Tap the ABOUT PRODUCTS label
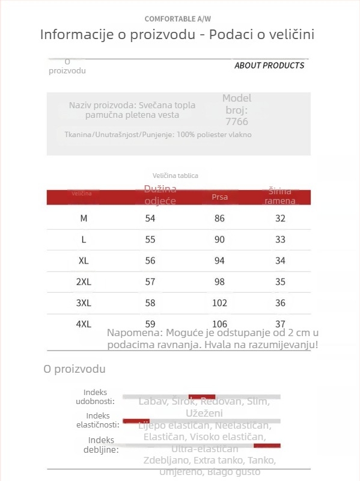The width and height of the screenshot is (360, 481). [x=269, y=65]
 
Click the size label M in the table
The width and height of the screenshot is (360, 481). [x=84, y=218]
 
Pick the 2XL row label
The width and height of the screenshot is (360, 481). [x=84, y=281]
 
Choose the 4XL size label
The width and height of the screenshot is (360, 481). [x=84, y=323]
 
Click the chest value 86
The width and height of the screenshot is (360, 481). [x=219, y=218]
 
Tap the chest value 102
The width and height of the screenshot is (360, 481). [x=219, y=302]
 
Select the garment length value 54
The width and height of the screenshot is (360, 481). [x=150, y=218]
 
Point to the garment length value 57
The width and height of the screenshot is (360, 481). [x=150, y=281]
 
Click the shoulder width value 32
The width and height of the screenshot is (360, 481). [x=280, y=218]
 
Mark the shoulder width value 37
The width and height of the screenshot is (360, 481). [x=280, y=323]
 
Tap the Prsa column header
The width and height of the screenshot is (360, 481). [x=220, y=197]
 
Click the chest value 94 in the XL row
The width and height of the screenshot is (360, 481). [x=219, y=260]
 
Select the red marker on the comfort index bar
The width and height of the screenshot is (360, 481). [x=202, y=397]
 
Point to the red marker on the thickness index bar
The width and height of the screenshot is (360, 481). [x=267, y=446]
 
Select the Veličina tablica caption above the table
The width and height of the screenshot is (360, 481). [x=175, y=176]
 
